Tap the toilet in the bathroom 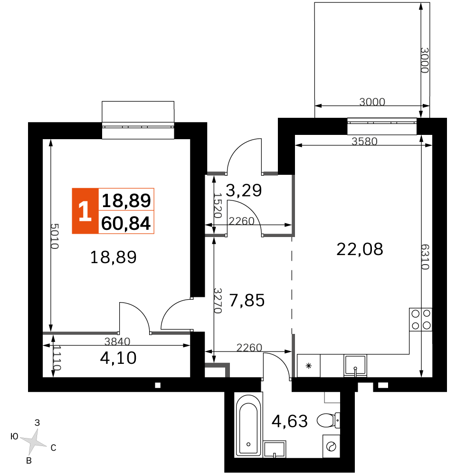(328, 420)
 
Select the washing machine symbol (331, 446)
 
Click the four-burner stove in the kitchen (421, 319)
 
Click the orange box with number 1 (85, 211)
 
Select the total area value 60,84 (126, 222)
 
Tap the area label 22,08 (360, 248)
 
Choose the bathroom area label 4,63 (289, 420)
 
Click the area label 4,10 (118, 357)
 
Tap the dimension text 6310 (424, 257)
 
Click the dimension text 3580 (364, 141)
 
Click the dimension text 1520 (218, 205)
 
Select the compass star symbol (34, 442)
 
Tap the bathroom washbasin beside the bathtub (275, 449)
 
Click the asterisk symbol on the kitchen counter (309, 365)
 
